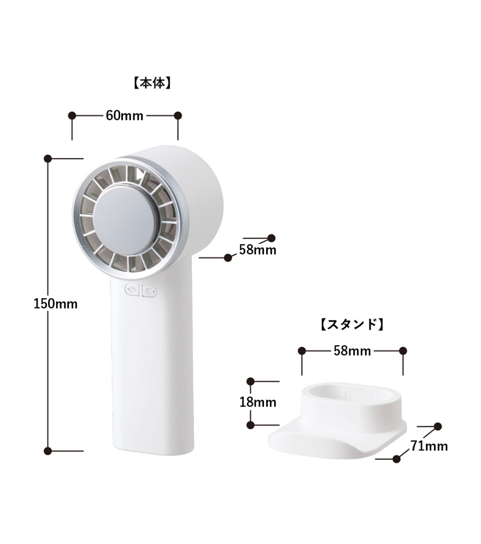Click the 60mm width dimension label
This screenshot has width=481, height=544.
(x=124, y=116)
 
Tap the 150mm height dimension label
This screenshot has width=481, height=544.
(x=55, y=304)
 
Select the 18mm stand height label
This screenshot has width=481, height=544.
(x=258, y=402)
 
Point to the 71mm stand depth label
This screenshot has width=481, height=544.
(x=429, y=446)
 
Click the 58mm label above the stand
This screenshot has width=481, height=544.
(x=352, y=351)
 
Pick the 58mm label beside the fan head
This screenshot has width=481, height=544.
(x=258, y=250)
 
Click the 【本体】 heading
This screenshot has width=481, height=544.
(x=152, y=84)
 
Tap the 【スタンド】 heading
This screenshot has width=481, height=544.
(x=351, y=324)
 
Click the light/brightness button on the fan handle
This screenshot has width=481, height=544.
(x=150, y=291)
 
